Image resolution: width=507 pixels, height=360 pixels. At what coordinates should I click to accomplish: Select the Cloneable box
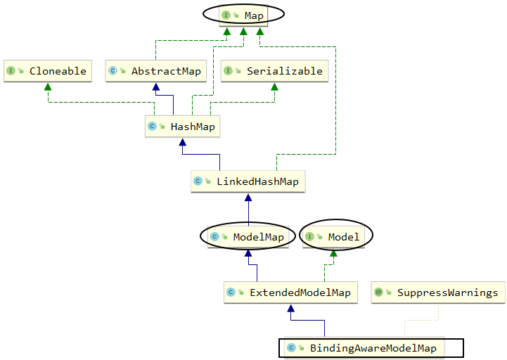click(x=48, y=71)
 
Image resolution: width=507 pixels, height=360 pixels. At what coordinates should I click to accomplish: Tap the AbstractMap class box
click(x=155, y=71)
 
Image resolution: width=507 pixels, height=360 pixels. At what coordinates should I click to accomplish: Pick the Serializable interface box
click(x=275, y=71)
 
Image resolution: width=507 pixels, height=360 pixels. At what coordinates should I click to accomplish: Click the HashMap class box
click(x=181, y=127)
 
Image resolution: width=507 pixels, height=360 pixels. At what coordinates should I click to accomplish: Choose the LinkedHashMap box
click(x=248, y=181)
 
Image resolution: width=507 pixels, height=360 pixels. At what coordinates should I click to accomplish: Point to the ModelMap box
click(x=248, y=237)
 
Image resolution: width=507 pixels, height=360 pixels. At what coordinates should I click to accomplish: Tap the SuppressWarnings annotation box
click(x=438, y=292)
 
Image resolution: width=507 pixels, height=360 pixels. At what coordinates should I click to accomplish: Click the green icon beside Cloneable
click(x=11, y=71)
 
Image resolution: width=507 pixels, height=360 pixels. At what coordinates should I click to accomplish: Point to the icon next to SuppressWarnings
click(x=379, y=292)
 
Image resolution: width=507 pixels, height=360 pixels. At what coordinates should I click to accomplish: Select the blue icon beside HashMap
click(x=152, y=127)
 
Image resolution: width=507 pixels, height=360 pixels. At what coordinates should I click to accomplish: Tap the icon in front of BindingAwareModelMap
click(x=291, y=348)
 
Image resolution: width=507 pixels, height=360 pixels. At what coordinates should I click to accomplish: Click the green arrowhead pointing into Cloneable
click(x=48, y=86)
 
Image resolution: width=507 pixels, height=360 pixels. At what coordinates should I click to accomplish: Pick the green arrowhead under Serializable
click(x=275, y=86)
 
